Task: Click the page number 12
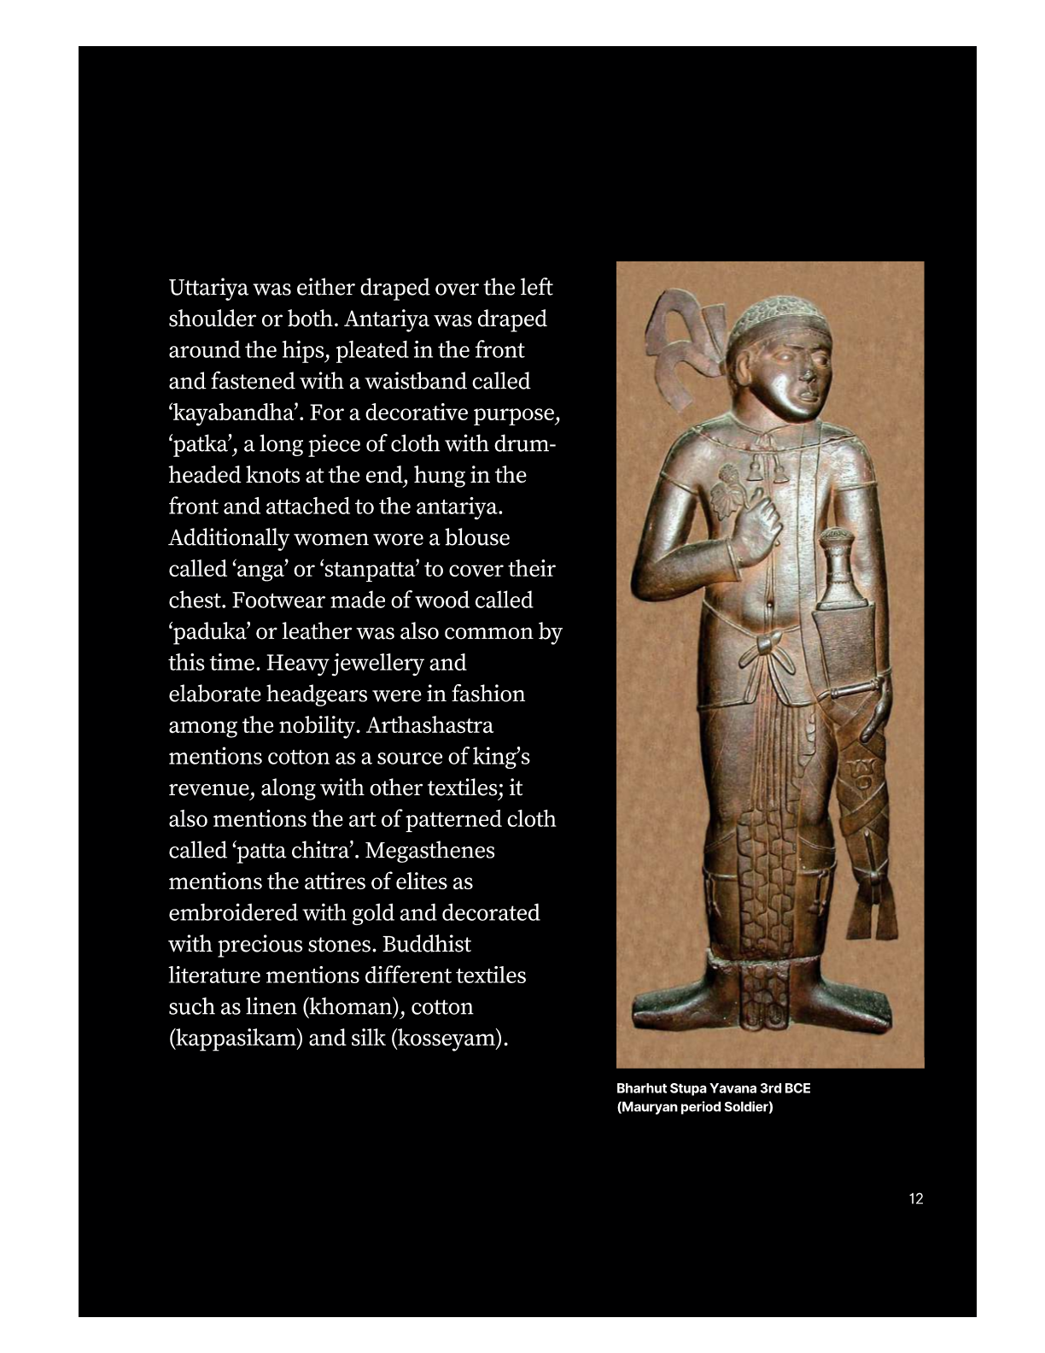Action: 915,1198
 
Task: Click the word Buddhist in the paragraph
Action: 426,945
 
